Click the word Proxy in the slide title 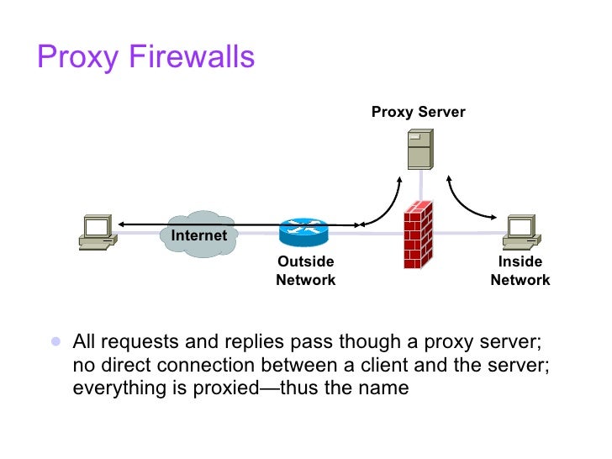[69, 58]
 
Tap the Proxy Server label [418, 112]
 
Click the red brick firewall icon [417, 235]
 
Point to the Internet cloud [198, 234]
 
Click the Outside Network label [305, 271]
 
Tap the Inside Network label [520, 271]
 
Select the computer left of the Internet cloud [97, 232]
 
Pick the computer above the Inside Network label [521, 232]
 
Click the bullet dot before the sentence [55, 342]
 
